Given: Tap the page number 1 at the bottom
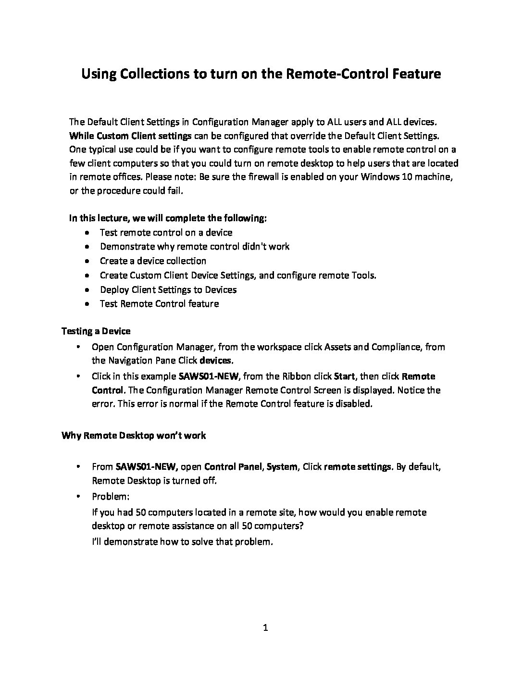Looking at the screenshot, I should [265, 627].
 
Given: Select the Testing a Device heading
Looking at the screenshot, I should [96, 331].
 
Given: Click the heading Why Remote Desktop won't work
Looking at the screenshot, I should [134, 435].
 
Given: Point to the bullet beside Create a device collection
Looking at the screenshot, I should [86, 261].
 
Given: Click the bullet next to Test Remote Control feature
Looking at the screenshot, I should [86, 304].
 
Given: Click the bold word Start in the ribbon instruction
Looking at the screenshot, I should [344, 376].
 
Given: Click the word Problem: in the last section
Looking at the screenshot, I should [111, 496].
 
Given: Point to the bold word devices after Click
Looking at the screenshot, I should [216, 360].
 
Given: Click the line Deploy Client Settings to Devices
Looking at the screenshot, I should [168, 289].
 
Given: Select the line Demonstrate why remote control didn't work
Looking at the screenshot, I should [195, 247].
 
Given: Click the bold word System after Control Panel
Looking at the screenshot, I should [282, 466].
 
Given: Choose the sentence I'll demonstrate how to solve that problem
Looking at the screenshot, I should [182, 541].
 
